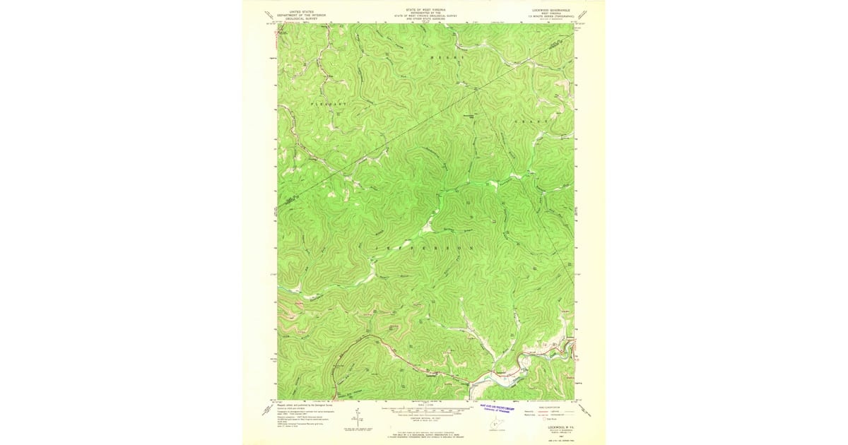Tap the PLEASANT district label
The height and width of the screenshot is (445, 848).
(x=330, y=104)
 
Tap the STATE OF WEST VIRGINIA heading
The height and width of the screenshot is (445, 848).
(x=425, y=10)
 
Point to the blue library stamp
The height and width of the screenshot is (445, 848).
(x=497, y=409)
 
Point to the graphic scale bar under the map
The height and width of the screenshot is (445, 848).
(x=425, y=408)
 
